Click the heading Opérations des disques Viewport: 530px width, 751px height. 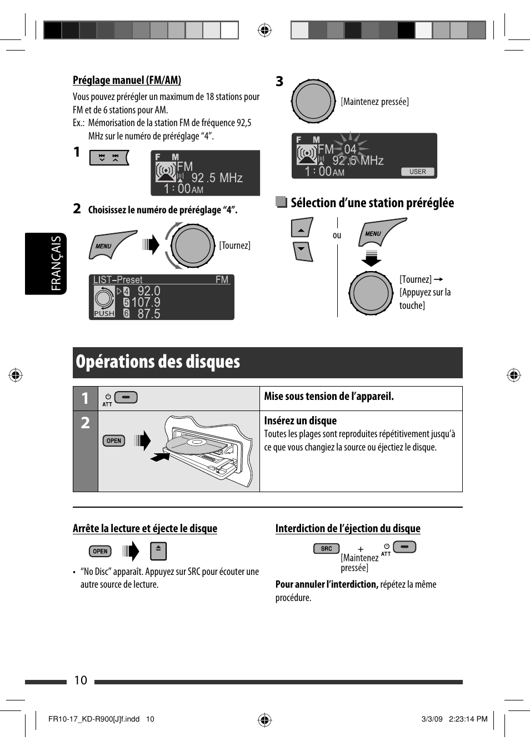click(x=158, y=362)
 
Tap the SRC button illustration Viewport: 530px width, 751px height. click(x=327, y=548)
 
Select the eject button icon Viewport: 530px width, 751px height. click(x=158, y=551)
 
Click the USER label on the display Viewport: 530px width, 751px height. click(x=418, y=172)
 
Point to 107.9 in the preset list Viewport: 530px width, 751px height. click(x=146, y=302)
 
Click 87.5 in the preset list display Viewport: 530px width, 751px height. click(x=148, y=314)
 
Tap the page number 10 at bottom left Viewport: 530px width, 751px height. click(x=81, y=680)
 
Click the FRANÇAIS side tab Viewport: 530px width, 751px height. click(x=56, y=263)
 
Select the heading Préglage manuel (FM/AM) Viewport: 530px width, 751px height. click(x=127, y=81)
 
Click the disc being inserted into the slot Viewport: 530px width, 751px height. click(x=189, y=445)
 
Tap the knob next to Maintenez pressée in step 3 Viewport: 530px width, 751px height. click(x=313, y=101)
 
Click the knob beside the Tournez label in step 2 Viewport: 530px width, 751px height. click(x=192, y=246)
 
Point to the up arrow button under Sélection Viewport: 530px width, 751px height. click(x=301, y=228)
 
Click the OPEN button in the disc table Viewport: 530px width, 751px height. click(x=114, y=440)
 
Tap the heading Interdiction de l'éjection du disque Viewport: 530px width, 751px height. click(x=348, y=528)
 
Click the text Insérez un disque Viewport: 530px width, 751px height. click(x=301, y=420)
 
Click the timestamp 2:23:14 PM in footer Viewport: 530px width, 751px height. click(x=468, y=719)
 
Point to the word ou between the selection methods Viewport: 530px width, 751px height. click(x=337, y=235)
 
